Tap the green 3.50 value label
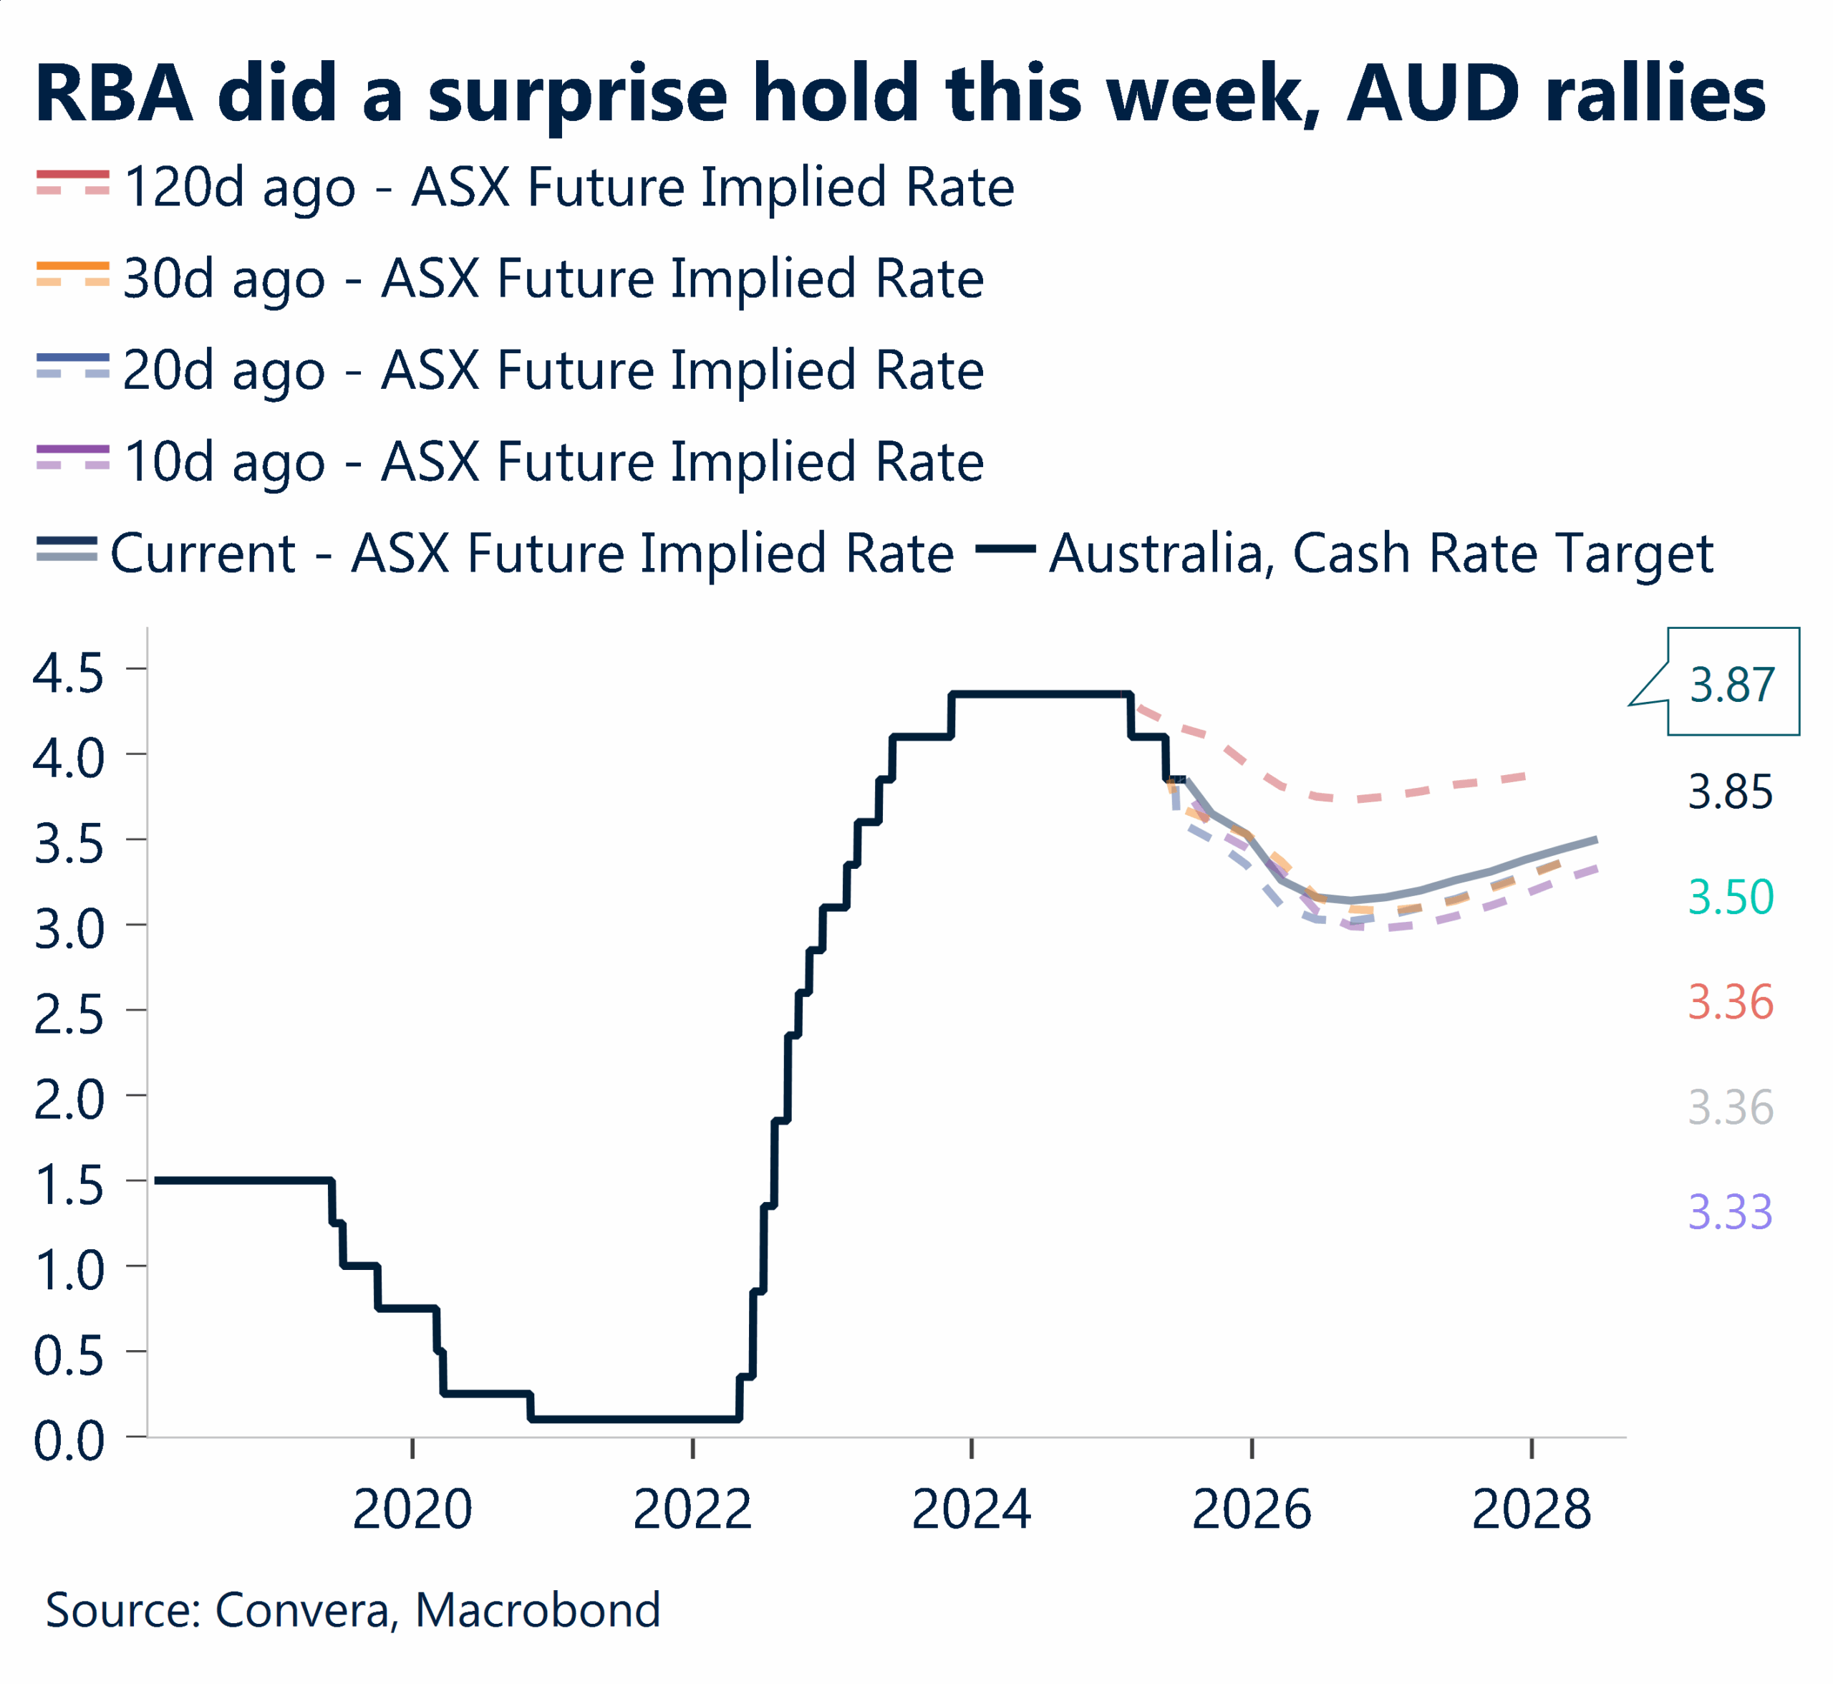tap(1730, 897)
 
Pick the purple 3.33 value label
tap(1730, 1212)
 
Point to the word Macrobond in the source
tap(538, 1610)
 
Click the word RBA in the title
tap(115, 94)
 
